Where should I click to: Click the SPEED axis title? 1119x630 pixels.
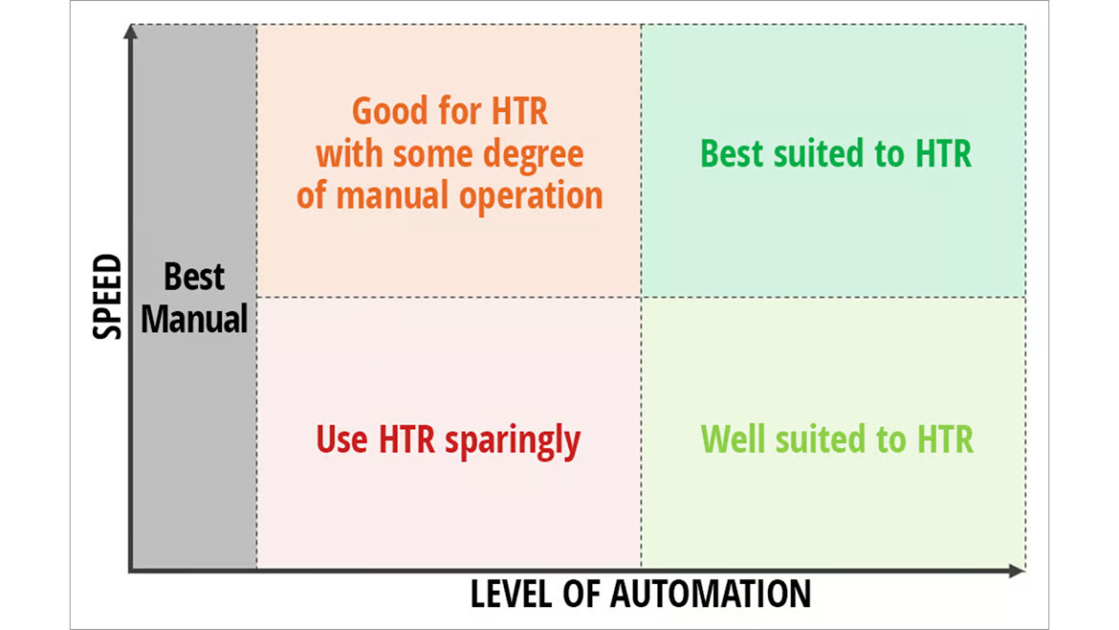click(108, 297)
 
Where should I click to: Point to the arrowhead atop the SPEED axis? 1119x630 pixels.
click(131, 32)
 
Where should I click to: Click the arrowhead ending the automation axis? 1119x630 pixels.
click(1018, 570)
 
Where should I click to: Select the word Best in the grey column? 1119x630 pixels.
click(194, 277)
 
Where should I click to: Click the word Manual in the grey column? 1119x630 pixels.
click(194, 319)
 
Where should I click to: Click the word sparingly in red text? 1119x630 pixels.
click(513, 440)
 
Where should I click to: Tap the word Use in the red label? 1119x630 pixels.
click(341, 439)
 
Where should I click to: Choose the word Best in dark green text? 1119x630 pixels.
click(732, 153)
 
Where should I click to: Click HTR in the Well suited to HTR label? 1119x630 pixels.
click(945, 439)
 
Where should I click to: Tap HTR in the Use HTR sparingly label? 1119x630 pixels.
click(406, 439)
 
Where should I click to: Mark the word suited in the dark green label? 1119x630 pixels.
click(820, 153)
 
